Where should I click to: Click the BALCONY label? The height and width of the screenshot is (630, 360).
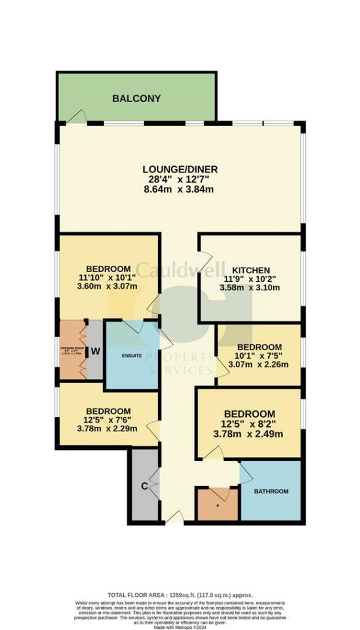136,98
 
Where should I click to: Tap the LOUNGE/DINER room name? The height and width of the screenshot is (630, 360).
180,169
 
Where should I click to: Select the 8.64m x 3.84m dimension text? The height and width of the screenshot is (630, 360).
178,189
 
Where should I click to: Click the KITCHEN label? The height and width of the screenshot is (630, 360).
250,270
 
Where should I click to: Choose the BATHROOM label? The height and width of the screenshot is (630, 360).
271,491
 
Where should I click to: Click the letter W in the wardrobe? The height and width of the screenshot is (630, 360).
96,351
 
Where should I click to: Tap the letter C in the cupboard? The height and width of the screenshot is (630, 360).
144,486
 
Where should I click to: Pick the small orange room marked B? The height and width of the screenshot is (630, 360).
217,504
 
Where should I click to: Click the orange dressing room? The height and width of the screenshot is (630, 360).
71,351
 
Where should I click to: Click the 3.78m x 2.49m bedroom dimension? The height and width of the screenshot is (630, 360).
248,434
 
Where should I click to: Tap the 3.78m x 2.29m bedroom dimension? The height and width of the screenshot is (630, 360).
108,430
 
